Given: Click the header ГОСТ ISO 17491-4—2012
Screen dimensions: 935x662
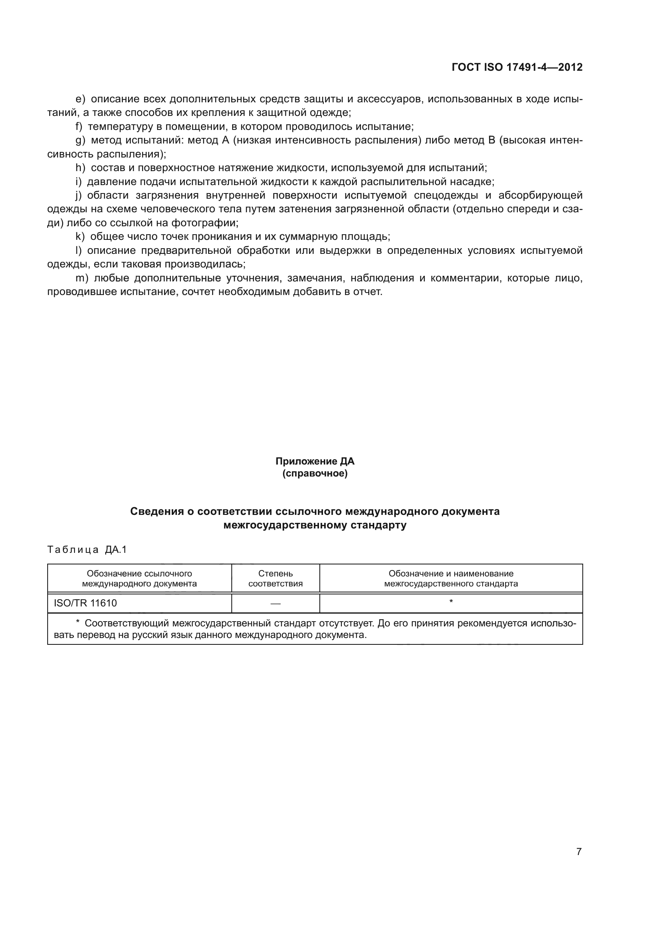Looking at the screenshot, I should tap(517, 67).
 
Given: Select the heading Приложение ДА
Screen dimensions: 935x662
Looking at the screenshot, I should tap(315, 461).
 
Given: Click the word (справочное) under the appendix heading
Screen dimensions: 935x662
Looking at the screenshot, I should tap(315, 474).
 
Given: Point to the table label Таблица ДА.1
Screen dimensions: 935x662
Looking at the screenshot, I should tap(87, 550).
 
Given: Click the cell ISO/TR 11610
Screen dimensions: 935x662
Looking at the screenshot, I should tap(85, 603).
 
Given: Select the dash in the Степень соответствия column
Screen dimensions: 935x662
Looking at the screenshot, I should tap(275, 604).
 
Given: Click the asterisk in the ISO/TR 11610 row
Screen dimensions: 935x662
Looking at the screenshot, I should tap(451, 602).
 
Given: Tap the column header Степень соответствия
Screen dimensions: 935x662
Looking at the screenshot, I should tap(275, 579).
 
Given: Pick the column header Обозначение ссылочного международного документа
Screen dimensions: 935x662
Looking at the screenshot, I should tap(139, 579).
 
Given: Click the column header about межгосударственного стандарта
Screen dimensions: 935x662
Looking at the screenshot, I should tap(451, 579).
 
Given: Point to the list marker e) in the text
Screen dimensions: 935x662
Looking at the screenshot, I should tap(80, 100).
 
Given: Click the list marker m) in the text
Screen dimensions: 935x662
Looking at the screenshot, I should tap(82, 278).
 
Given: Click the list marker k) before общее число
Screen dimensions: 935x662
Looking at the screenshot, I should tap(80, 237).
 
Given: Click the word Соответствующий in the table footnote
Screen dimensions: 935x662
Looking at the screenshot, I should tap(127, 624).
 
